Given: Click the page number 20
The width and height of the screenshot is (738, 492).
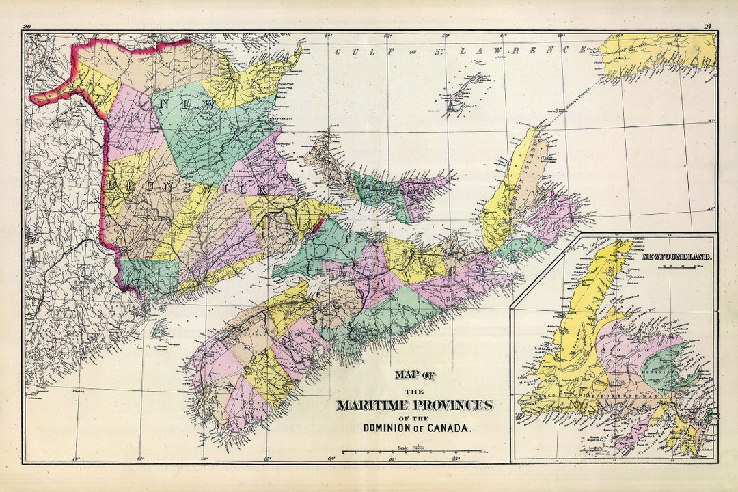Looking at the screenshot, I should pyautogui.click(x=27, y=27).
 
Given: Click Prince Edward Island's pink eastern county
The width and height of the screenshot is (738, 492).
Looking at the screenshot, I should pyautogui.click(x=424, y=188).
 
